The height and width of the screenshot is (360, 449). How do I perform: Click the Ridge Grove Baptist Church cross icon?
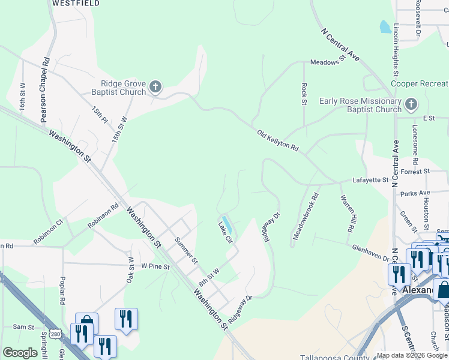(155, 88)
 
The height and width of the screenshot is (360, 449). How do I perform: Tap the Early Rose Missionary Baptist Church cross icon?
(411, 105)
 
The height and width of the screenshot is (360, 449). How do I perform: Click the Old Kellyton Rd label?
(277, 140)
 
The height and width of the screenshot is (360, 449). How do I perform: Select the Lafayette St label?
(370, 179)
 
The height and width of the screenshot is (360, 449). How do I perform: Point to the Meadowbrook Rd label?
(306, 217)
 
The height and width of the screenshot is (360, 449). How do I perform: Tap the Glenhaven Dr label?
(370, 253)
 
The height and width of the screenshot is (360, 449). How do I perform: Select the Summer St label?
(185, 251)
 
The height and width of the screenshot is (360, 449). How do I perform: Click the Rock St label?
(304, 94)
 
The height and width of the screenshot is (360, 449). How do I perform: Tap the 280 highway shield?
(55, 333)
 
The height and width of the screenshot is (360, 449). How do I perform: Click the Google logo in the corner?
(20, 353)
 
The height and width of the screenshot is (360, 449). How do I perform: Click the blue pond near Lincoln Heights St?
(385, 27)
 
